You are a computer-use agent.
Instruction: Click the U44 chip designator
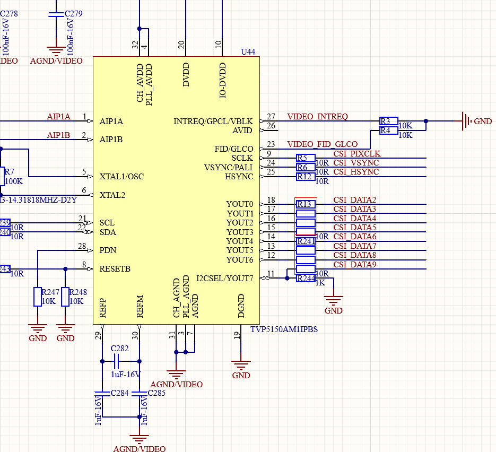[x=248, y=52]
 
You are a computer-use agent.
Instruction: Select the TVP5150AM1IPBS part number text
[x=284, y=329]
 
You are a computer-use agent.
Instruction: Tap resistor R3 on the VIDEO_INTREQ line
[x=388, y=121]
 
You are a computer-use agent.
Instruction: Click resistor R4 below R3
[x=388, y=130]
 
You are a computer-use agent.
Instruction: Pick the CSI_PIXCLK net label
[x=356, y=154]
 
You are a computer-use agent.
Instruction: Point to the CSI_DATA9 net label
[x=354, y=265]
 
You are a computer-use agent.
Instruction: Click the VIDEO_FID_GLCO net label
[x=322, y=144]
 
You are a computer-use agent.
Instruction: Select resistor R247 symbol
[x=38, y=297]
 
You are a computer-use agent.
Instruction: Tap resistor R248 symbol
[x=65, y=297]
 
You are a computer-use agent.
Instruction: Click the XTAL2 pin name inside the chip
[x=112, y=195]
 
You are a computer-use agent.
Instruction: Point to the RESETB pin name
[x=115, y=269]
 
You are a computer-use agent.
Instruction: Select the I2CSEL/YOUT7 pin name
[x=224, y=278]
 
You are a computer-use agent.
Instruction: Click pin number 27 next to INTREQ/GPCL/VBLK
[x=271, y=117]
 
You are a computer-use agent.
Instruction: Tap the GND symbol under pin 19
[x=241, y=366]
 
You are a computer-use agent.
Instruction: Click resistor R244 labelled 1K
[x=306, y=279]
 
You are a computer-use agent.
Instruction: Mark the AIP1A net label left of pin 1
[x=58, y=117]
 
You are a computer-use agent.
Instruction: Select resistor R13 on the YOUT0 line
[x=306, y=204]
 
